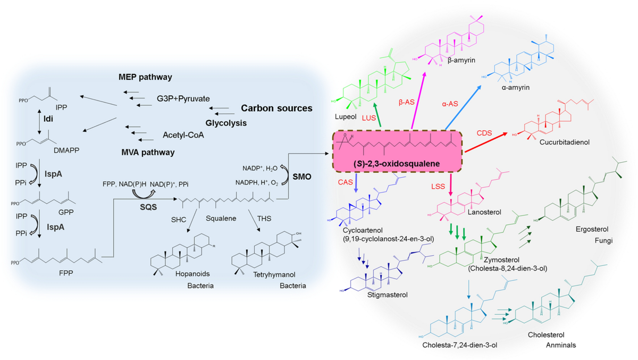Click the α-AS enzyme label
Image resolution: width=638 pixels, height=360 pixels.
(x=450, y=103)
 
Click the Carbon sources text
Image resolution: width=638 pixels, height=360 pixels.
(x=276, y=108)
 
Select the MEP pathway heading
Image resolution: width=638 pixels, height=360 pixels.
(x=145, y=77)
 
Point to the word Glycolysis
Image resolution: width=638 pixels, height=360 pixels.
(x=226, y=123)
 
